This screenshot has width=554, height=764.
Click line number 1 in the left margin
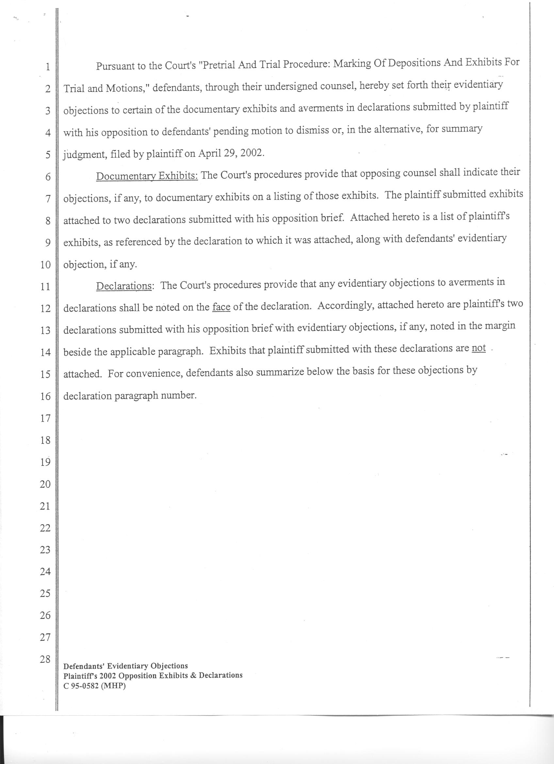pyautogui.click(x=48, y=67)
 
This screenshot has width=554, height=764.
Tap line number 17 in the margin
pyautogui.click(x=45, y=418)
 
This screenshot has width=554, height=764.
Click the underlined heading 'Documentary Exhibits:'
pyautogui.click(x=147, y=176)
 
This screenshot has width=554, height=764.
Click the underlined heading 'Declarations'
pyautogui.click(x=123, y=286)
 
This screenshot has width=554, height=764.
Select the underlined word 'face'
pyautogui.click(x=221, y=307)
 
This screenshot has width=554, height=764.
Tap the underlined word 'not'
pyautogui.click(x=479, y=348)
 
